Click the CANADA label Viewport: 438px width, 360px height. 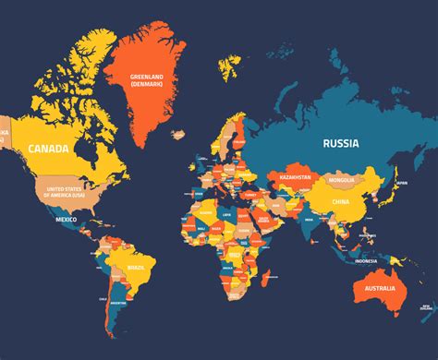coord(46,148)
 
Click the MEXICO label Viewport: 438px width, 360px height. coord(66,220)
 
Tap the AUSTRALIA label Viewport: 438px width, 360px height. coord(380,290)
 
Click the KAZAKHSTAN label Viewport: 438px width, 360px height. coord(297,175)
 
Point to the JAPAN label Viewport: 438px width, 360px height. coord(400,183)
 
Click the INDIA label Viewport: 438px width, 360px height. coord(308,220)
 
